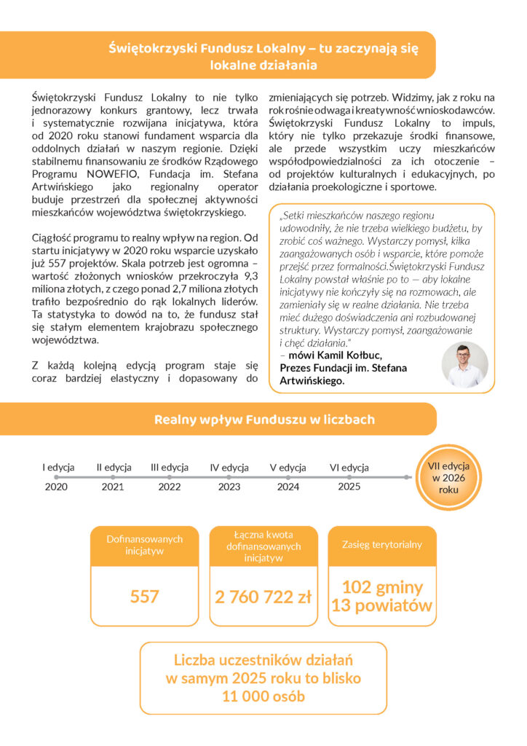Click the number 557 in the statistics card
click(x=144, y=597)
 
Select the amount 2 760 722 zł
click(x=263, y=597)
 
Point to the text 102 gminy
click(x=382, y=587)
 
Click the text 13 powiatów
click(x=382, y=605)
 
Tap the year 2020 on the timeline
click(x=56, y=487)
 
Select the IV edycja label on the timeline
click(x=229, y=468)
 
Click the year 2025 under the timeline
click(x=349, y=486)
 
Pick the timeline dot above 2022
click(x=170, y=477)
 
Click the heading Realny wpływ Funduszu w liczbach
click(x=264, y=420)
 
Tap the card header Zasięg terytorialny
click(x=382, y=544)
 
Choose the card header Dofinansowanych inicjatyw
click(x=144, y=545)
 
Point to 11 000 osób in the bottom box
click(x=263, y=696)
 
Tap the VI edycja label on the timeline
click(x=349, y=468)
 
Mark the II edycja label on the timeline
click(x=114, y=468)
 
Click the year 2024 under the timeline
click(x=288, y=487)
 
